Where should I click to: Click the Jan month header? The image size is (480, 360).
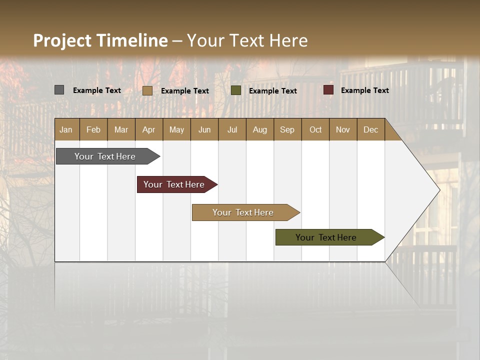pyautogui.click(x=66, y=129)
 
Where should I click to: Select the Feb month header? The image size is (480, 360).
pyautogui.click(x=93, y=129)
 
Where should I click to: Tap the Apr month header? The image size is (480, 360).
pyautogui.click(x=148, y=129)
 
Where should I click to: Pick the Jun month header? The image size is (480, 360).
pyautogui.click(x=204, y=129)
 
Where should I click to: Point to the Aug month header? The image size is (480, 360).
pyautogui.click(x=259, y=129)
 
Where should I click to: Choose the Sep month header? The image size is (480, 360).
pyautogui.click(x=287, y=129)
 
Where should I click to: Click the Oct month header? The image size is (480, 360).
pyautogui.click(x=315, y=129)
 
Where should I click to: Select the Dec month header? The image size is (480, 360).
pyautogui.click(x=370, y=129)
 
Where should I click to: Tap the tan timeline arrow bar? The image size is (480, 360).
pyautogui.click(x=243, y=212)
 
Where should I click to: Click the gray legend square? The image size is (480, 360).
pyautogui.click(x=59, y=90)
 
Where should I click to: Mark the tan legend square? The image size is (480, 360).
pyautogui.click(x=147, y=90)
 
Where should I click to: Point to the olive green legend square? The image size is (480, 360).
pyautogui.click(x=236, y=90)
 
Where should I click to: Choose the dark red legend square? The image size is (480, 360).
pyautogui.click(x=328, y=90)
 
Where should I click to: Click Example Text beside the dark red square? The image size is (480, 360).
pyautogui.click(x=364, y=90)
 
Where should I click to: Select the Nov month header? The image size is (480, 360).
pyautogui.click(x=343, y=129)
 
